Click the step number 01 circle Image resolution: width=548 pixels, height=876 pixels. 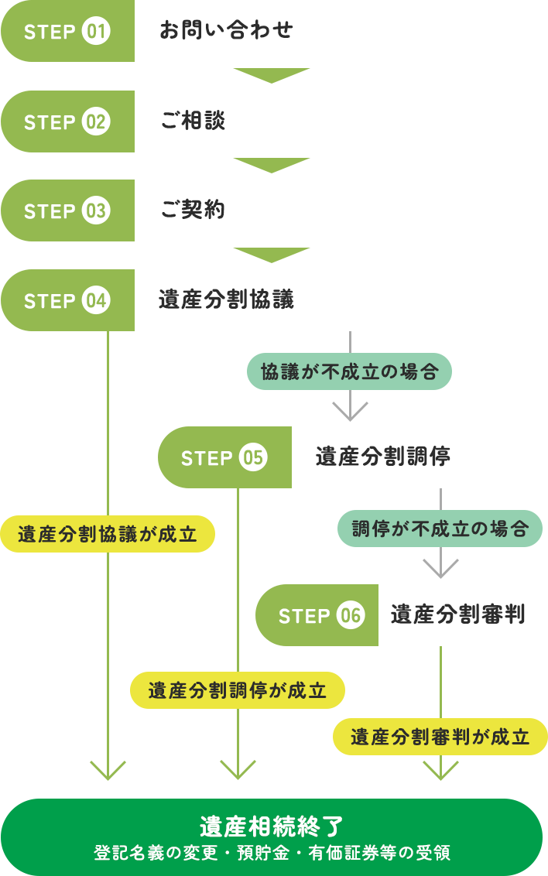[x=96, y=32]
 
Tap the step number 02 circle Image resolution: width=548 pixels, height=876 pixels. [x=96, y=122]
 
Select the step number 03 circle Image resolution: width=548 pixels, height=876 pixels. [x=96, y=211]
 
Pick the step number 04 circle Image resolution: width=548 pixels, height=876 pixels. [x=96, y=301]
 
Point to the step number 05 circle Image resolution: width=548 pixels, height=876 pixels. [x=253, y=457]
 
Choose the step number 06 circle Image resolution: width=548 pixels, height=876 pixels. [x=351, y=616]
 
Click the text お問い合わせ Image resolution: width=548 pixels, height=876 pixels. [x=226, y=32]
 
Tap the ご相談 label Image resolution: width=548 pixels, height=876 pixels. [x=193, y=121]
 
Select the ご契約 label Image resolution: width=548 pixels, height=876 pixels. [x=193, y=210]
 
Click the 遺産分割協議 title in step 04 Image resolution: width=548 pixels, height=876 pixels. [x=226, y=300]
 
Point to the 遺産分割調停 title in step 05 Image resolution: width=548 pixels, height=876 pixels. [x=383, y=457]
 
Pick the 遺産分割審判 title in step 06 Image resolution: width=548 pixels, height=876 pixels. [x=457, y=615]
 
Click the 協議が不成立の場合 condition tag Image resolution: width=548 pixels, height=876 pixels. [x=349, y=372]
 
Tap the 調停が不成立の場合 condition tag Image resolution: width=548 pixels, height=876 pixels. [x=440, y=530]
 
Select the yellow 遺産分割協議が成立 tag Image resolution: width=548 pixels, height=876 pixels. [x=107, y=534]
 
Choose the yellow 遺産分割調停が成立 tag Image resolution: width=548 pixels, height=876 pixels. [x=237, y=690]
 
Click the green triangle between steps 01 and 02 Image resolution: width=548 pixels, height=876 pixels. [x=272, y=75]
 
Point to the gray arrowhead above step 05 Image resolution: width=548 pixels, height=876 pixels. [x=350, y=411]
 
